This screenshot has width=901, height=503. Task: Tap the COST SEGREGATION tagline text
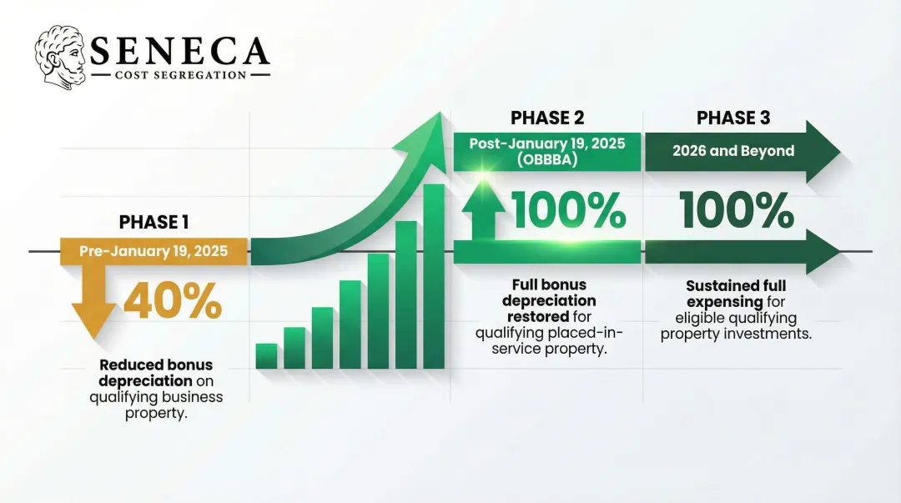(179, 75)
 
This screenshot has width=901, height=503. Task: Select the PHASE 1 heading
(154, 222)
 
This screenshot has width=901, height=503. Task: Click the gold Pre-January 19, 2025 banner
(154, 251)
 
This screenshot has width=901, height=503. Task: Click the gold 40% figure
(174, 301)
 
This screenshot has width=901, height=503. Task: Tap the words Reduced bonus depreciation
(156, 373)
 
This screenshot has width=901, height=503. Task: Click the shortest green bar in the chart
(266, 355)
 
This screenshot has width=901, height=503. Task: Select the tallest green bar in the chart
(434, 276)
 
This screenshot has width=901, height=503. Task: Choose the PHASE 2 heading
(546, 118)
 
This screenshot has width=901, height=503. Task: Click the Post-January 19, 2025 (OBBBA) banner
(546, 151)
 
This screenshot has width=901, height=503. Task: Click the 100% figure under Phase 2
(568, 210)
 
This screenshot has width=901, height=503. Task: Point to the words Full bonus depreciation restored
(552, 301)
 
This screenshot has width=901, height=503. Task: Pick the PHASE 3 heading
(733, 118)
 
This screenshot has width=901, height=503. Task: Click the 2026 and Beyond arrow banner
(734, 151)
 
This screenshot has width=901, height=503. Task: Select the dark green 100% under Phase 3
(735, 210)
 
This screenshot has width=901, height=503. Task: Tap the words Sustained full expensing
(736, 294)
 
